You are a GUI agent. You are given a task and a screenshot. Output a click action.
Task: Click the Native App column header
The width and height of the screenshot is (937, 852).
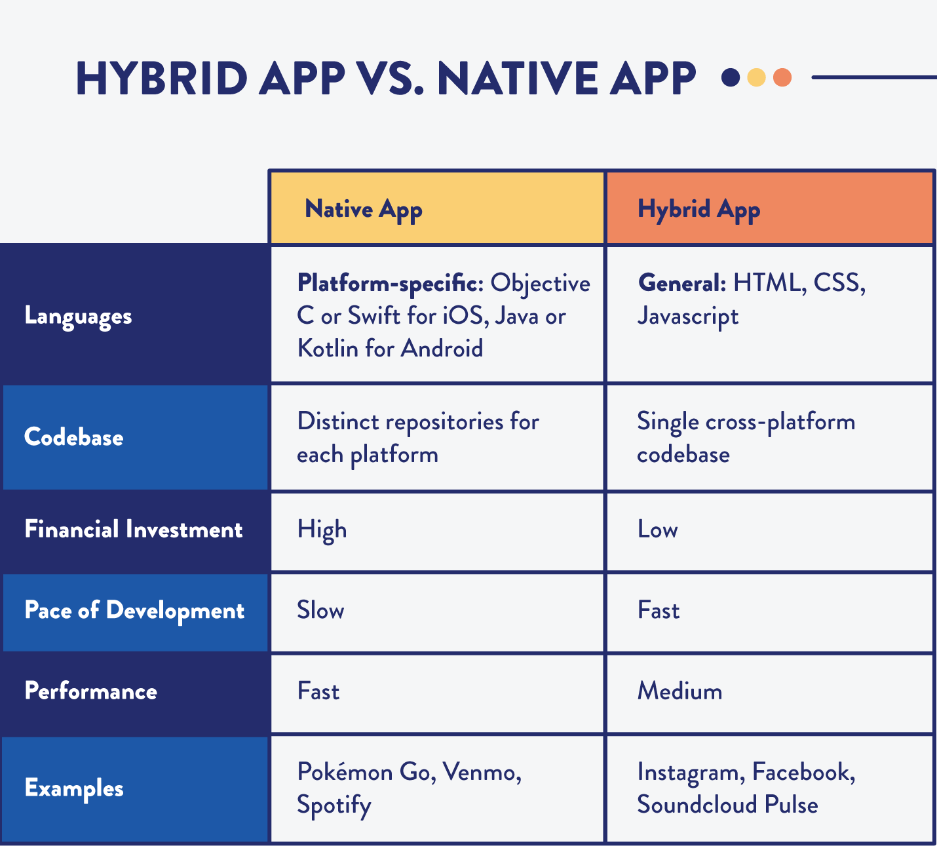364,209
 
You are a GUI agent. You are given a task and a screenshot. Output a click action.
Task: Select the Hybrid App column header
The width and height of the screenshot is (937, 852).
698,209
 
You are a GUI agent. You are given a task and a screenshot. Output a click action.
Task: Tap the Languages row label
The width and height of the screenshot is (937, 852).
78,316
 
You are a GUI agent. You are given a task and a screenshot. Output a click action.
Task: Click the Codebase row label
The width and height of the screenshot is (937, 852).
73,437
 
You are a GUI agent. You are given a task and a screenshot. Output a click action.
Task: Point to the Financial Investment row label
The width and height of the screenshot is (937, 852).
134,530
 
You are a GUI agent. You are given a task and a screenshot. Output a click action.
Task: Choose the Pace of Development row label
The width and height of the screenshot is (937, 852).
134,611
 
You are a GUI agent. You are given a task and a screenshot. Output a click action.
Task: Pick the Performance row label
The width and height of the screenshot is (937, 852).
90,691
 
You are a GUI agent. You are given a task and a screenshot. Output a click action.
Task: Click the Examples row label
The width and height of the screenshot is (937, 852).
73,788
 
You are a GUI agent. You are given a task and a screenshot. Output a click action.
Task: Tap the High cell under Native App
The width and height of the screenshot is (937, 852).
322,530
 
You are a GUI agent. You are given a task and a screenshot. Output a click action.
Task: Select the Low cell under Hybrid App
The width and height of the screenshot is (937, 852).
658,530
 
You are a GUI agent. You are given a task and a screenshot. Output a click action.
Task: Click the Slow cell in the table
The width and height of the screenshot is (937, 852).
320,611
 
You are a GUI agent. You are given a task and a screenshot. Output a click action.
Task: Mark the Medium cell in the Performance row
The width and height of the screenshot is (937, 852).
679,691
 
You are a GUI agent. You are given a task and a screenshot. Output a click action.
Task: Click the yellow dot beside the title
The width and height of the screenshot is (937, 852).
756,77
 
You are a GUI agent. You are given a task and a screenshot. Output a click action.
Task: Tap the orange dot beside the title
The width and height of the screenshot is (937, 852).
782,77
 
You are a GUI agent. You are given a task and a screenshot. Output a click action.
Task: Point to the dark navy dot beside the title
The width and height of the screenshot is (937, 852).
731,77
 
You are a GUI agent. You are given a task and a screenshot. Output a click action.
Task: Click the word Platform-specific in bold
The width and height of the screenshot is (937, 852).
390,283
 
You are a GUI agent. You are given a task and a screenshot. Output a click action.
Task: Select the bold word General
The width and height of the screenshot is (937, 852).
681,283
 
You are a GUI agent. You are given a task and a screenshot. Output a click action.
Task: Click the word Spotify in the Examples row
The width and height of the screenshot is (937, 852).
334,805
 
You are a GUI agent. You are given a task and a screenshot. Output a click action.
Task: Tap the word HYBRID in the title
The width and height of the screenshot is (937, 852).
161,79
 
